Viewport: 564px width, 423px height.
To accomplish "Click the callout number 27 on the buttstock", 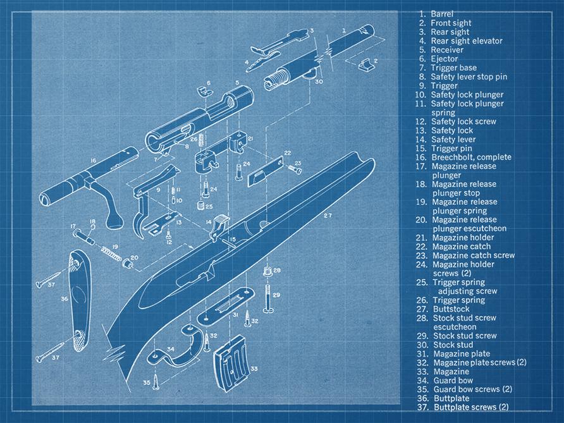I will [327, 216].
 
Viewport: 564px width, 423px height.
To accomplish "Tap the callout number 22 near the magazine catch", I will [286, 153].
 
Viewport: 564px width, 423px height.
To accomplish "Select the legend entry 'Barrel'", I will [442, 14].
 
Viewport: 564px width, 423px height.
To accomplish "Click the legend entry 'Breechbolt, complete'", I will [471, 157].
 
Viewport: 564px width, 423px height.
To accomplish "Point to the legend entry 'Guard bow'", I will [454, 381].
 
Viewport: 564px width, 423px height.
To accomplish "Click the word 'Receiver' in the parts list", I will [447, 50].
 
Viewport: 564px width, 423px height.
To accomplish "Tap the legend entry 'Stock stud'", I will [453, 345].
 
